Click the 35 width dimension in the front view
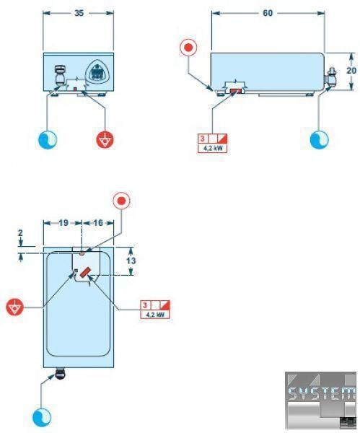click(79, 13)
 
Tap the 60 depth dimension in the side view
click(268, 13)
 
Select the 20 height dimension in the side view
click(351, 71)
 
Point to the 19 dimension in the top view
click(63, 222)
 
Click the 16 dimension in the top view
click(98, 222)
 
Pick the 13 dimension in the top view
click(131, 261)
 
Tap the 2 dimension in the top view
click(20, 233)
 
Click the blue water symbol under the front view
click(48, 139)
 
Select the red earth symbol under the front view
click(105, 140)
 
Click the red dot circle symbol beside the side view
click(189, 47)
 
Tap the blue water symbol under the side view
click(319, 139)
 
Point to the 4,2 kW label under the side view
click(213, 148)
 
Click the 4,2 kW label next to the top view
click(155, 315)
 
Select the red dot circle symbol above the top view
click(121, 201)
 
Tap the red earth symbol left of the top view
click(15, 307)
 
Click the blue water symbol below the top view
click(42, 417)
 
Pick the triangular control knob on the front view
click(97, 71)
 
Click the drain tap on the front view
click(60, 75)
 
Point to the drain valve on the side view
click(330, 76)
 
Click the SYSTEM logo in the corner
click(320, 400)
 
